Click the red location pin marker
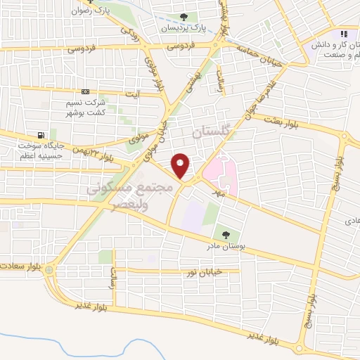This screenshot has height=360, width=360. point(181,165)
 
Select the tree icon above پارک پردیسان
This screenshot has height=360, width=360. point(184,17)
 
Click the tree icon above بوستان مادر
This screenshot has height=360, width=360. point(226,235)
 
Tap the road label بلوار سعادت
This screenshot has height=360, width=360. point(21,268)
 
